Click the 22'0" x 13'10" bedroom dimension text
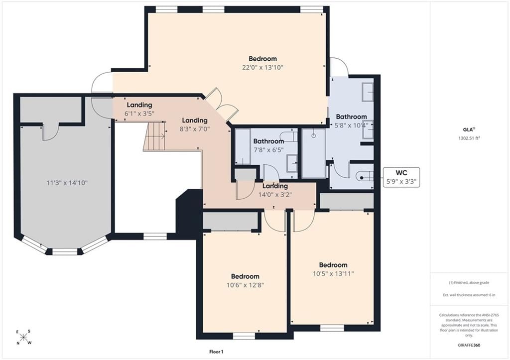(263, 68)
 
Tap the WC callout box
(401, 177)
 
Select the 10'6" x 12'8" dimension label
(245, 285)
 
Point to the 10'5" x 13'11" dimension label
(333, 274)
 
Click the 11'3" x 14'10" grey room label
(67, 183)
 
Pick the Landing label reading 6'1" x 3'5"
(139, 109)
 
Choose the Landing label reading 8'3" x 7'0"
(195, 124)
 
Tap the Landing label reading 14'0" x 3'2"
(275, 191)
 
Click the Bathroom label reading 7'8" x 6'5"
(268, 146)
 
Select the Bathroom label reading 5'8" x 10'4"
(351, 120)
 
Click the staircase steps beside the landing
(154, 136)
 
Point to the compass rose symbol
(24, 337)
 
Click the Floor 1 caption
(216, 352)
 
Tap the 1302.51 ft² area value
(469, 138)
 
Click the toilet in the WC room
(365, 178)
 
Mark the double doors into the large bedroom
(221, 105)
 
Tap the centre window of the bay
(65, 252)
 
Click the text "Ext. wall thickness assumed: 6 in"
(469, 295)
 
